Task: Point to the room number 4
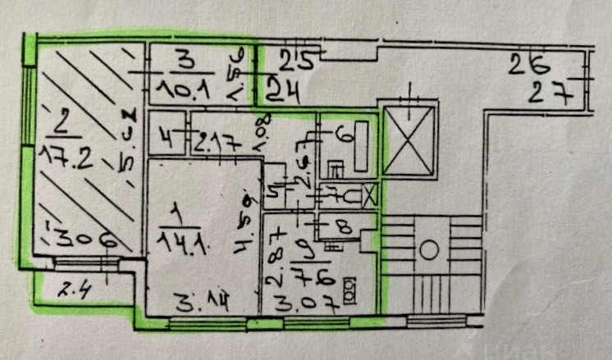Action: coord(167,138)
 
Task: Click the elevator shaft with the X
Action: coord(406,142)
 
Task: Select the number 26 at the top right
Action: coord(528,61)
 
